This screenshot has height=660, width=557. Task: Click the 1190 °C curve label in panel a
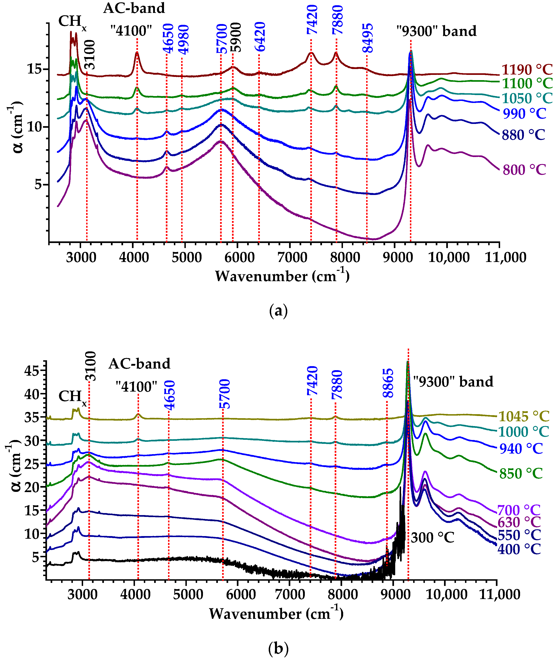(x=527, y=70)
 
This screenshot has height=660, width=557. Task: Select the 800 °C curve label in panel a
(x=524, y=170)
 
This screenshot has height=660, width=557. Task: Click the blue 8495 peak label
(x=368, y=38)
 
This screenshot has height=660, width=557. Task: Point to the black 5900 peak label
(x=236, y=37)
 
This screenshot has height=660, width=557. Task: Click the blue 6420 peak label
(x=260, y=37)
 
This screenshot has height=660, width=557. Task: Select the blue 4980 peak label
(x=183, y=39)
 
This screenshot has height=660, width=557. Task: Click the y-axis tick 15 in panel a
(x=35, y=69)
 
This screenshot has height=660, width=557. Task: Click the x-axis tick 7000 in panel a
(x=292, y=258)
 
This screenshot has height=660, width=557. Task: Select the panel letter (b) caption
(x=278, y=649)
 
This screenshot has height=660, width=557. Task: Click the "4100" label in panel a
(x=131, y=31)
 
